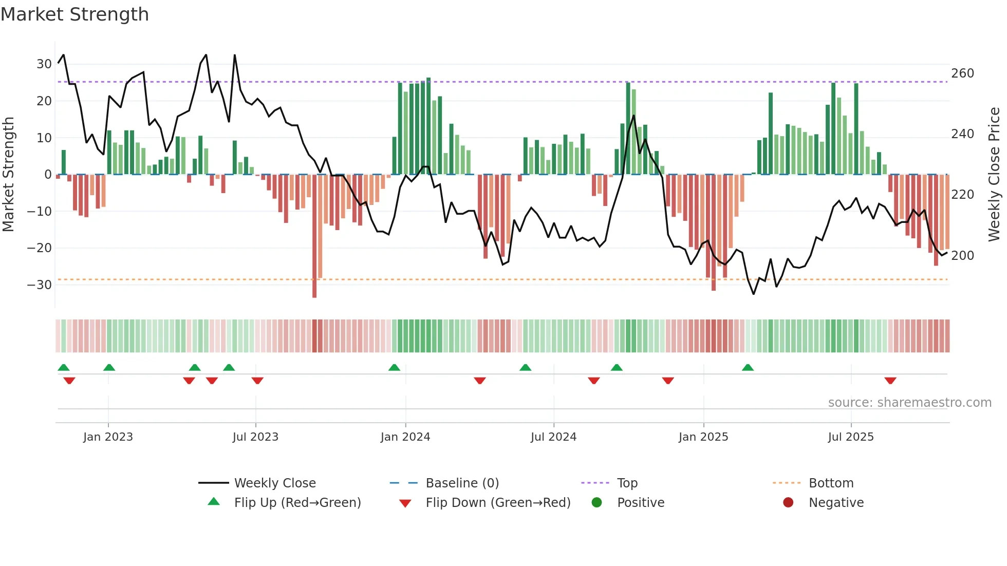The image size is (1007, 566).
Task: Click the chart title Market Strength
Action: click(x=74, y=14)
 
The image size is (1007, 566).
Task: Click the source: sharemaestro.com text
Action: click(x=909, y=403)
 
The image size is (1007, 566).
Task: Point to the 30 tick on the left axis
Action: click(x=44, y=64)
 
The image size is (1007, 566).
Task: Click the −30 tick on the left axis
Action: click(x=40, y=285)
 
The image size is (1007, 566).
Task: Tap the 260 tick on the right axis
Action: click(x=962, y=73)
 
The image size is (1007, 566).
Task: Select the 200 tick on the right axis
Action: click(x=962, y=256)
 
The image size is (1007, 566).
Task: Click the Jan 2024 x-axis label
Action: click(x=405, y=437)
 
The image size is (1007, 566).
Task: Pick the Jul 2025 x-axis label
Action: click(x=851, y=437)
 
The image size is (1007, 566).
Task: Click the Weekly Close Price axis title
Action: click(x=994, y=175)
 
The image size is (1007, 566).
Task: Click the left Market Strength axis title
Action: click(x=8, y=175)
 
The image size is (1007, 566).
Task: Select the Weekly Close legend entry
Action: click(x=275, y=483)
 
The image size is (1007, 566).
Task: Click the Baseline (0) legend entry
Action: click(x=462, y=483)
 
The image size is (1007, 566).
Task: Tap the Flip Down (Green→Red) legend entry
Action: click(x=498, y=503)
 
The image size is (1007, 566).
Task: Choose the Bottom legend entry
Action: click(x=831, y=483)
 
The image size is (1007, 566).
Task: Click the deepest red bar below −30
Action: click(x=314, y=236)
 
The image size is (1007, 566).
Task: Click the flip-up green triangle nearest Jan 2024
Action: click(x=394, y=368)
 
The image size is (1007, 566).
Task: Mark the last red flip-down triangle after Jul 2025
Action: click(x=890, y=381)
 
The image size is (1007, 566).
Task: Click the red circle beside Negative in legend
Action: click(x=788, y=503)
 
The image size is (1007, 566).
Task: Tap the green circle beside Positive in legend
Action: click(x=596, y=503)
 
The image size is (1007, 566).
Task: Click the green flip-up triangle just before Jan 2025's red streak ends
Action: click(x=748, y=368)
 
